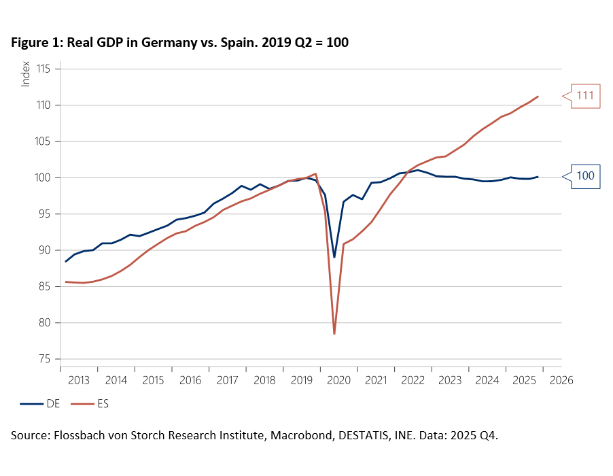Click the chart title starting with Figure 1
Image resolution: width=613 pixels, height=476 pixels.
click(x=180, y=43)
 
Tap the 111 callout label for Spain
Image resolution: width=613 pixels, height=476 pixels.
click(x=585, y=96)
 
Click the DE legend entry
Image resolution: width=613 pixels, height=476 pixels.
click(x=40, y=403)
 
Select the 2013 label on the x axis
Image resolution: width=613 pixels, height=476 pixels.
click(x=79, y=380)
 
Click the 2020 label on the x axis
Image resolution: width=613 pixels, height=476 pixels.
click(x=338, y=380)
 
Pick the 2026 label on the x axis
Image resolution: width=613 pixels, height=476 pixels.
click(x=561, y=380)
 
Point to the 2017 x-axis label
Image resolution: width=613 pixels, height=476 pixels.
click(x=227, y=380)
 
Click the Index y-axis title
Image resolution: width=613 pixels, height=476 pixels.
click(x=26, y=73)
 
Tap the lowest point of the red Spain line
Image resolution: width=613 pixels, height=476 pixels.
click(x=334, y=334)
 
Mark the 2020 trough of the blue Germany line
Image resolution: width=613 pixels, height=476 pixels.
click(x=334, y=257)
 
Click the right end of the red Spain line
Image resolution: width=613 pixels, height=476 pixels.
click(x=538, y=96)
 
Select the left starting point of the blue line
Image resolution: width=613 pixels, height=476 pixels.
click(x=65, y=261)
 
